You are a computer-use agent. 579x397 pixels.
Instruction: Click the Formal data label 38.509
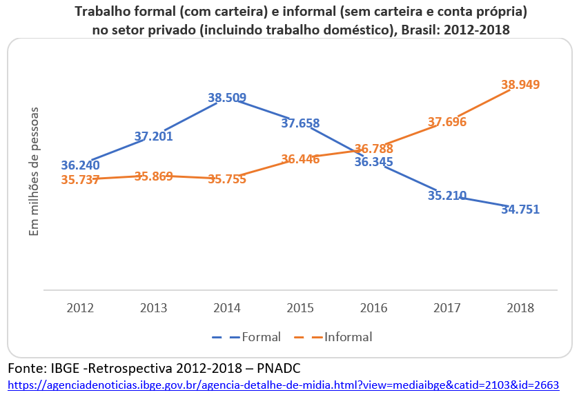tap(227, 98)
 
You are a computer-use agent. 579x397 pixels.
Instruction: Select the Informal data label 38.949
tap(520, 85)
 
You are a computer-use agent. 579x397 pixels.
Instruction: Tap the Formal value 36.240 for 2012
tap(80, 165)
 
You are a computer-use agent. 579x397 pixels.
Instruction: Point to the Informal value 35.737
tap(80, 180)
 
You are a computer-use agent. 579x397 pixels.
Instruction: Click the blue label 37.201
tap(153, 136)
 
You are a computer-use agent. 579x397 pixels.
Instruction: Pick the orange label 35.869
tap(153, 176)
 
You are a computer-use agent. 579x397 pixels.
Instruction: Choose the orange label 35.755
tap(227, 179)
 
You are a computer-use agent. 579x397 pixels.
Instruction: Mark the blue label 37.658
tap(300, 123)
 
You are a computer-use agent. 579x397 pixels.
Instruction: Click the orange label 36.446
tap(300, 159)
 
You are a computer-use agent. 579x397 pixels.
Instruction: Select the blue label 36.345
tap(373, 162)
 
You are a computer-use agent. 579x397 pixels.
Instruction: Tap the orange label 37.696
tap(447, 122)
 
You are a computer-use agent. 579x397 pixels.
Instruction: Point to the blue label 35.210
tap(447, 196)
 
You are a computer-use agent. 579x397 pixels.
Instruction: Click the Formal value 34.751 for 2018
tap(520, 210)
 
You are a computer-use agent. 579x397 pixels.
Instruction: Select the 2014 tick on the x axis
tap(227, 307)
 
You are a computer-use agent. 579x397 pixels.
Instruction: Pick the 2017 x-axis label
tap(447, 307)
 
